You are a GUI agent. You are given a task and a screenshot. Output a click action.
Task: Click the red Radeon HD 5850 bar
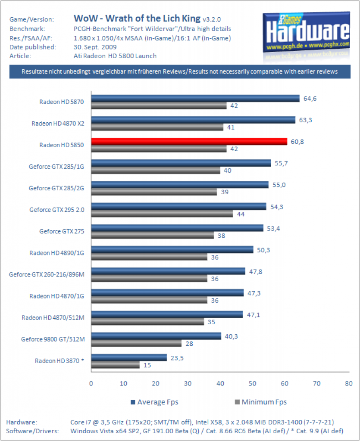coord(189,141)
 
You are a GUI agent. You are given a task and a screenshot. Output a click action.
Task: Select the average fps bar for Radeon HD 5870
coord(195,98)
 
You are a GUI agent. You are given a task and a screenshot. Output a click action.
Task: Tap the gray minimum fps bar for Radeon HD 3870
coord(116,365)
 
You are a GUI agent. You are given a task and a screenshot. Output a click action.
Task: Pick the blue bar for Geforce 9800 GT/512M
coord(156,336)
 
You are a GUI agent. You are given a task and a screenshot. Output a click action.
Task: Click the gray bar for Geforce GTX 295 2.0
coord(162,214)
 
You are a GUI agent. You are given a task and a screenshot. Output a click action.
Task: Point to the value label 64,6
coord(310,99)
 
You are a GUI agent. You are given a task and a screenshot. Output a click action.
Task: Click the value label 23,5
coord(177,358)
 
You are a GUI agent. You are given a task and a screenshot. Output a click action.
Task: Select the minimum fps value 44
coord(241,214)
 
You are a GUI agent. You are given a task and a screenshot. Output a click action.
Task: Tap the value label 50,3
coord(263,250)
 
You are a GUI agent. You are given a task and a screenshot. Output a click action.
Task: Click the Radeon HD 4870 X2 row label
coord(58,124)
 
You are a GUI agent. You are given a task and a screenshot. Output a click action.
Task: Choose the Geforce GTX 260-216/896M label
coord(47,274)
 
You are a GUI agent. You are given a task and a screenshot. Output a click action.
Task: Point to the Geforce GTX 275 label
coord(62,231)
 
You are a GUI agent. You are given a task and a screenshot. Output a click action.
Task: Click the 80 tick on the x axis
coord(349,383)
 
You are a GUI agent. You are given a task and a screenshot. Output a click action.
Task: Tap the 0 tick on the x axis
coord(91,383)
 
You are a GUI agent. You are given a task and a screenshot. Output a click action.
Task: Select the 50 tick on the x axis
coord(253,383)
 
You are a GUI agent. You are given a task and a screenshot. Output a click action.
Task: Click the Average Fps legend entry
coord(154,402)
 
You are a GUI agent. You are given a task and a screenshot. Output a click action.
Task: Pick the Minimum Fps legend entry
coord(261,402)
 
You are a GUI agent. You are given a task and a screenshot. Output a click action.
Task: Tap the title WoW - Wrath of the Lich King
coord(137,19)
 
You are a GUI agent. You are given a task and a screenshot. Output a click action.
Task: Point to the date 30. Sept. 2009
coord(95,47)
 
